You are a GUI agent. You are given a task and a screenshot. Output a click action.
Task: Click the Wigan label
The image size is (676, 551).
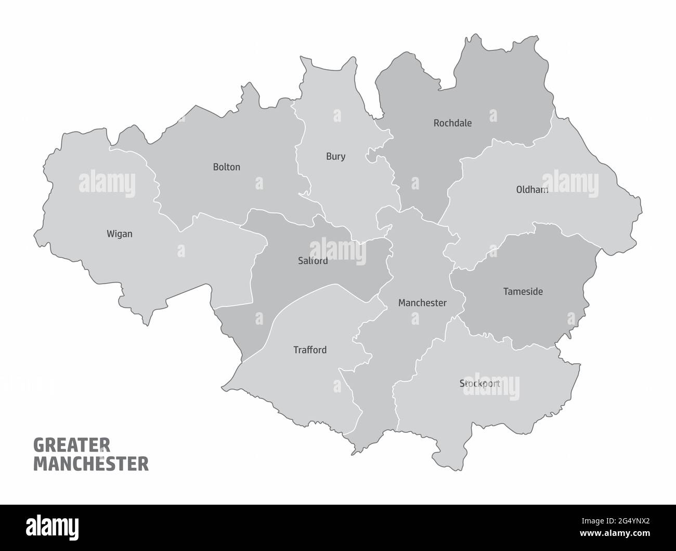(119, 234)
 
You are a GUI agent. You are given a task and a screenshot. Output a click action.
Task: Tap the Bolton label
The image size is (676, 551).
(226, 167)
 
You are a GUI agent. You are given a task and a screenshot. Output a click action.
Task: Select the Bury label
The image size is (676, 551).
(335, 156)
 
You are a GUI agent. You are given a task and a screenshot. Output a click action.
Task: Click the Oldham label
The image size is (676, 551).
(531, 190)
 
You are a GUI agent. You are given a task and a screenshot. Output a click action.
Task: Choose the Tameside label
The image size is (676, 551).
(523, 291)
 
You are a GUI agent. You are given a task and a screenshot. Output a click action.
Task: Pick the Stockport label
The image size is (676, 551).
(479, 383)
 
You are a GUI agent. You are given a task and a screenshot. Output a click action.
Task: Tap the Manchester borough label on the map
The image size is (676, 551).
(422, 303)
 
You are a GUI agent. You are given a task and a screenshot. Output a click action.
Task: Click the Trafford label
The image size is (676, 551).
(310, 350)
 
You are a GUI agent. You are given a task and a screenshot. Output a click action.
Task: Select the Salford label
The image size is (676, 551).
(313, 261)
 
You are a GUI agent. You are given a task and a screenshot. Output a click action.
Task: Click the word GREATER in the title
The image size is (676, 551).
(71, 445)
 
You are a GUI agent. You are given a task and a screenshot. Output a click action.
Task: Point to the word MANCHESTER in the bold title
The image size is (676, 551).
(91, 464)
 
